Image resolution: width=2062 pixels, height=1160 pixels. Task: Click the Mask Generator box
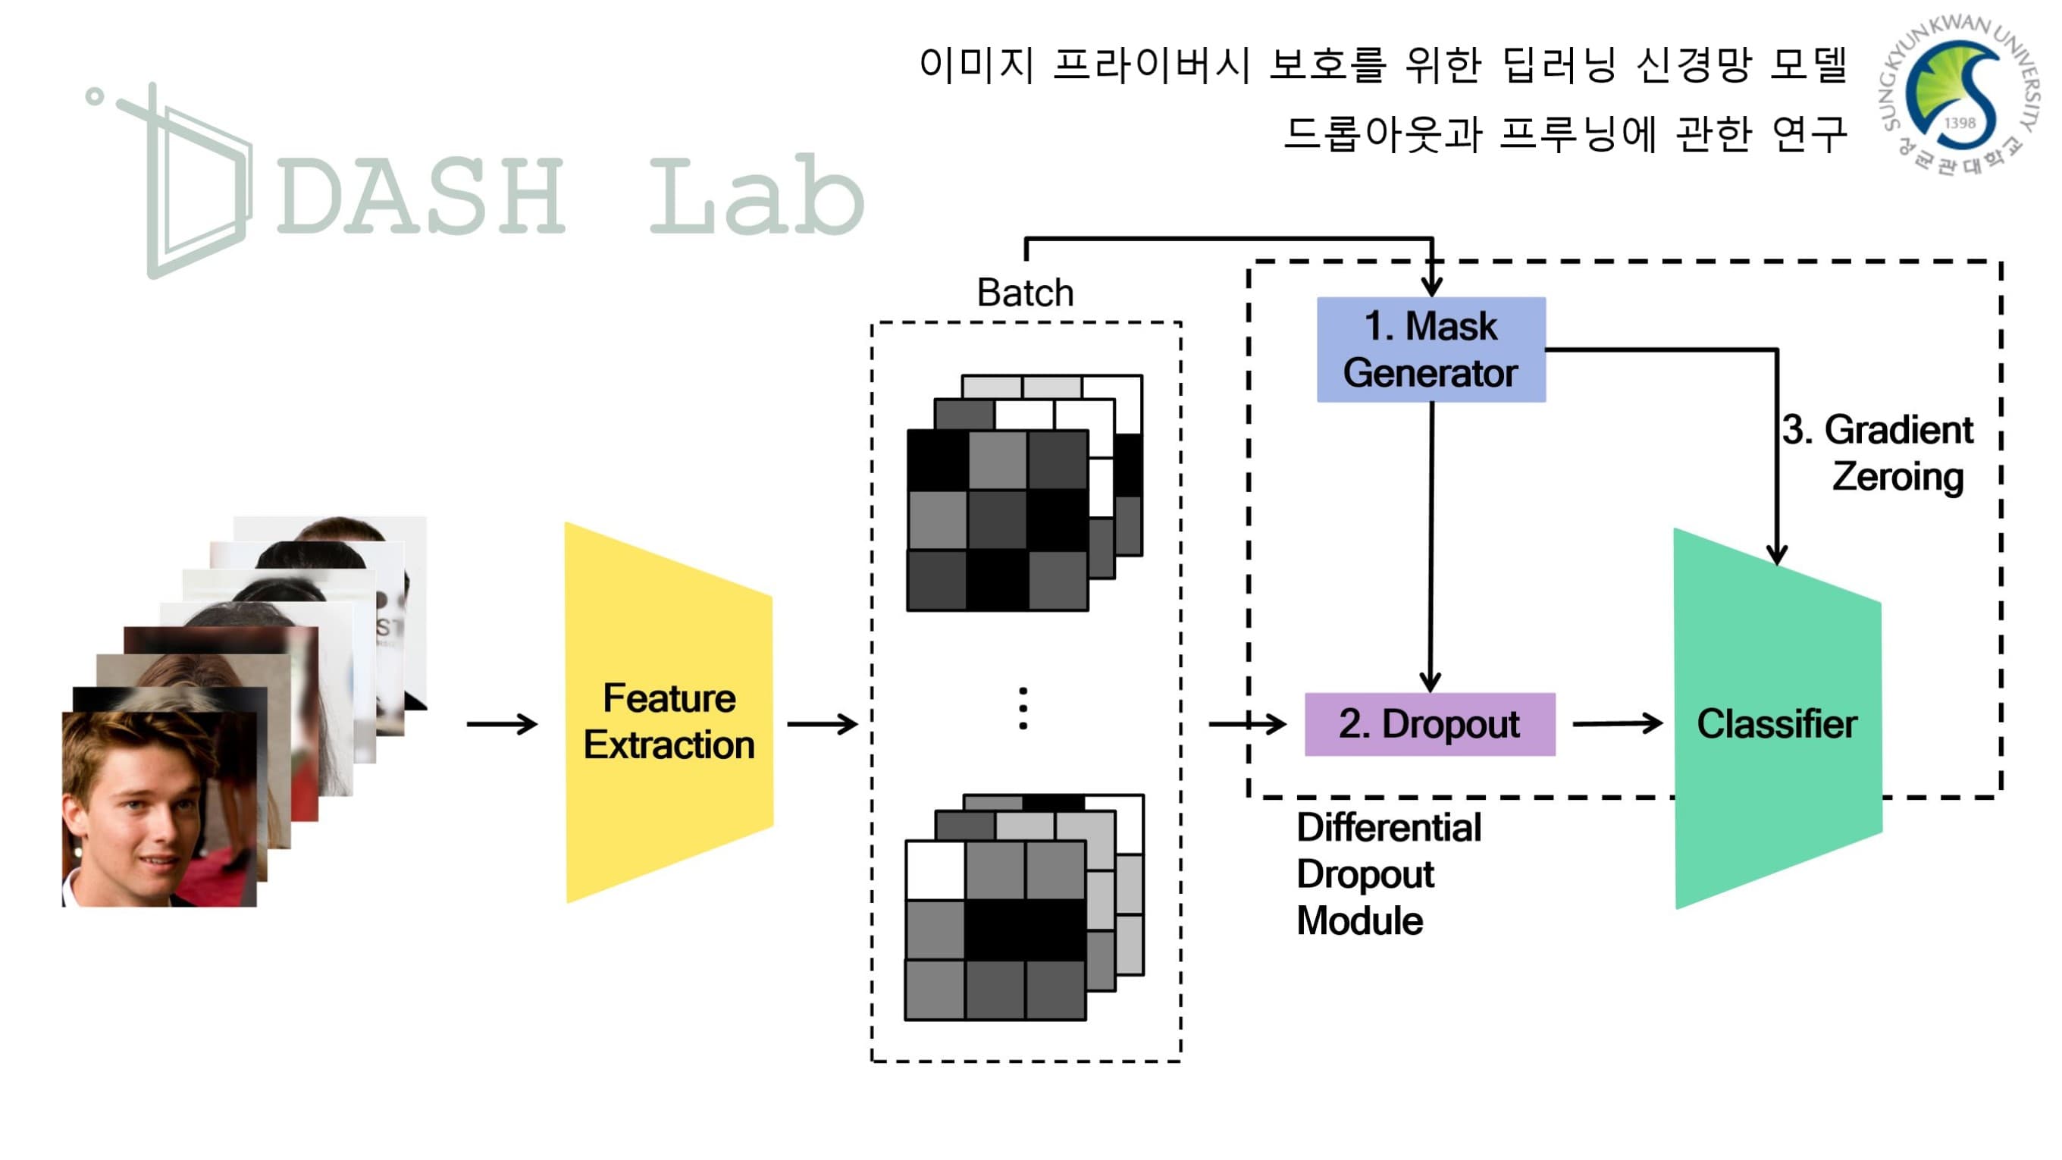click(x=1431, y=349)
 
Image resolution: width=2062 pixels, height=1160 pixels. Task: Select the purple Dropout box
click(x=1430, y=724)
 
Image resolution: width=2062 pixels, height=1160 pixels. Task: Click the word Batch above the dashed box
click(x=1025, y=292)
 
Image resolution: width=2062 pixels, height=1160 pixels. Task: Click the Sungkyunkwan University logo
click(x=1960, y=96)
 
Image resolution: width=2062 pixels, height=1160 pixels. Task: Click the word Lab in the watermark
click(x=757, y=196)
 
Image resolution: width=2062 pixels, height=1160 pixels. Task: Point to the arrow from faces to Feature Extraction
click(x=502, y=724)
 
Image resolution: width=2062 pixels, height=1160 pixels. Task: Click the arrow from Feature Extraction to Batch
click(x=822, y=724)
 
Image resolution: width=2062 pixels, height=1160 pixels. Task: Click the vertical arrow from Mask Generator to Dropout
click(x=1431, y=544)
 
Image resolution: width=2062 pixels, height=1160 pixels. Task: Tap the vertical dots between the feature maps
click(x=1023, y=708)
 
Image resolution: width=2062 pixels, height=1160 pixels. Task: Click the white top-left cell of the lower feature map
click(x=935, y=870)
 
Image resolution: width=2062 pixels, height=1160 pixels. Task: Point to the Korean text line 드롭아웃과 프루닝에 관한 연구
click(x=1565, y=133)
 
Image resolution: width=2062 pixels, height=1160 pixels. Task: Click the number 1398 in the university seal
click(x=1960, y=123)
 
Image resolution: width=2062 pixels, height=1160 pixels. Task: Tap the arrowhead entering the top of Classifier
click(x=1776, y=554)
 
